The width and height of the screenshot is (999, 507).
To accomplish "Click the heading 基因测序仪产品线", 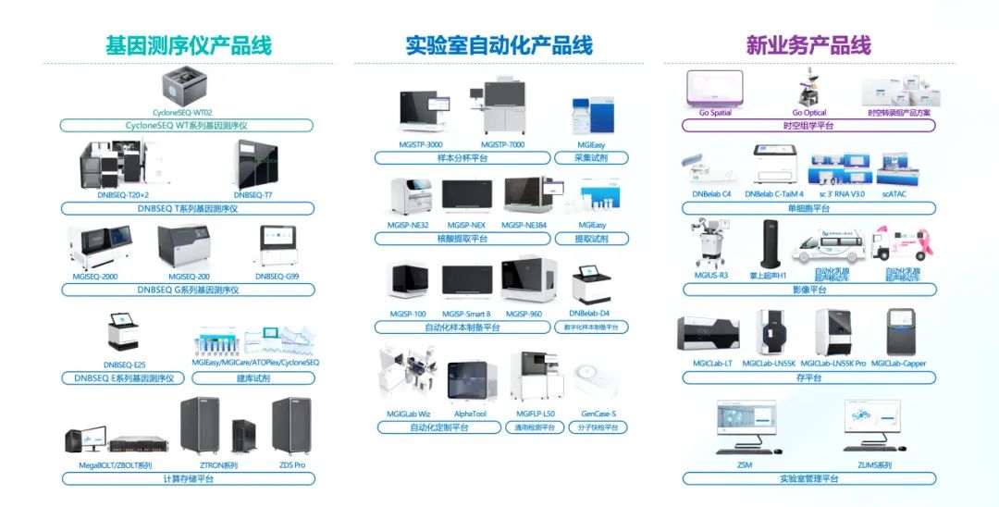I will pos(189,44).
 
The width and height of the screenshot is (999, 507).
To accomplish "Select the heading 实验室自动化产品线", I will pos(499,44).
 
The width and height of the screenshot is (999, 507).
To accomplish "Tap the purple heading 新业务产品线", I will pos(808,44).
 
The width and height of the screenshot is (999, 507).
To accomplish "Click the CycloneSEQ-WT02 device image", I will pos(189,84).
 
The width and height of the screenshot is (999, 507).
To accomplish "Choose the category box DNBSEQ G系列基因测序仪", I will pos(188,290).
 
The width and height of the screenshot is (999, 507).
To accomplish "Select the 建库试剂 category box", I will pos(254,378).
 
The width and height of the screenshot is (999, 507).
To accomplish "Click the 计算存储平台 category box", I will pos(188,478).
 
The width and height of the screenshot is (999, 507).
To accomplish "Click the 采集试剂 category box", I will pos(591,158).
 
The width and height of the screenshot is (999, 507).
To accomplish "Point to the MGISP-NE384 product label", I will pos(528,225).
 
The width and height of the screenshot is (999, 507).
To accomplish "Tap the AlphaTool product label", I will pos(471,414).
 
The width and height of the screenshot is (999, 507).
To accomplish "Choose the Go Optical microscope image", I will pos(809,90).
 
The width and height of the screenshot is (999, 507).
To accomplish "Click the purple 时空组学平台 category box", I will pos(808,125).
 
